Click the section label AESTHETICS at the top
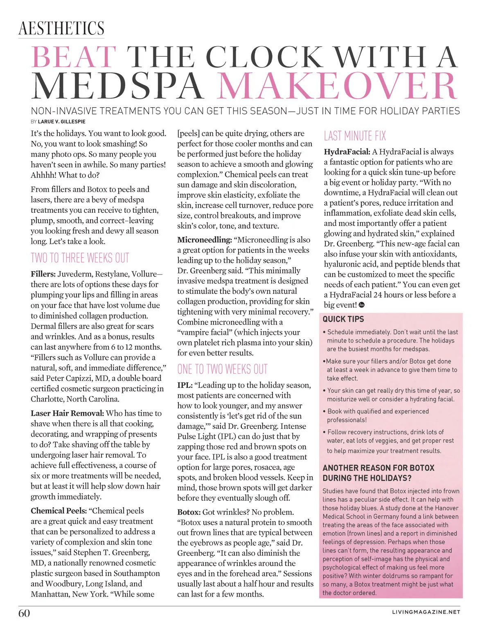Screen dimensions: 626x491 [x=61, y=29]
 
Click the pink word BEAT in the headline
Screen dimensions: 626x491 [x=74, y=57]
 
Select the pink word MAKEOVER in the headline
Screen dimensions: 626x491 [x=336, y=86]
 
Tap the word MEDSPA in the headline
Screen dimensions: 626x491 [x=118, y=86]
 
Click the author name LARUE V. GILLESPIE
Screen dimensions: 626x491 [x=61, y=122]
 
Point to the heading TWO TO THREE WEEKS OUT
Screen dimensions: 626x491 [x=80, y=258]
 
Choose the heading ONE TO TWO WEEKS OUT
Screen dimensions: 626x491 [x=222, y=369]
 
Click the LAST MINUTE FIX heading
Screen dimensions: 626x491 [x=355, y=136]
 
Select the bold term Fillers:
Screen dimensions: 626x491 [x=43, y=274]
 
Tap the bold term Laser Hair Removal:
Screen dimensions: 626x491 [x=67, y=413]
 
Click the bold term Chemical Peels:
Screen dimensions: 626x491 [x=59, y=511]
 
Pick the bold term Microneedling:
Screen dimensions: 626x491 [x=204, y=240]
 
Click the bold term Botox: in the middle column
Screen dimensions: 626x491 [x=189, y=512]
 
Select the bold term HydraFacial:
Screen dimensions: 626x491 [x=347, y=152]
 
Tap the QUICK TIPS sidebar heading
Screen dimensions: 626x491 [x=343, y=319]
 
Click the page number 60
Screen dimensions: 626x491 [x=24, y=613]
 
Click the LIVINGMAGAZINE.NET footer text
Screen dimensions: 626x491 [x=426, y=612]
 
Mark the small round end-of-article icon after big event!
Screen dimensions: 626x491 [x=361, y=305]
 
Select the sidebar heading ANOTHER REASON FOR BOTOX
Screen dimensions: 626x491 [x=378, y=468]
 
